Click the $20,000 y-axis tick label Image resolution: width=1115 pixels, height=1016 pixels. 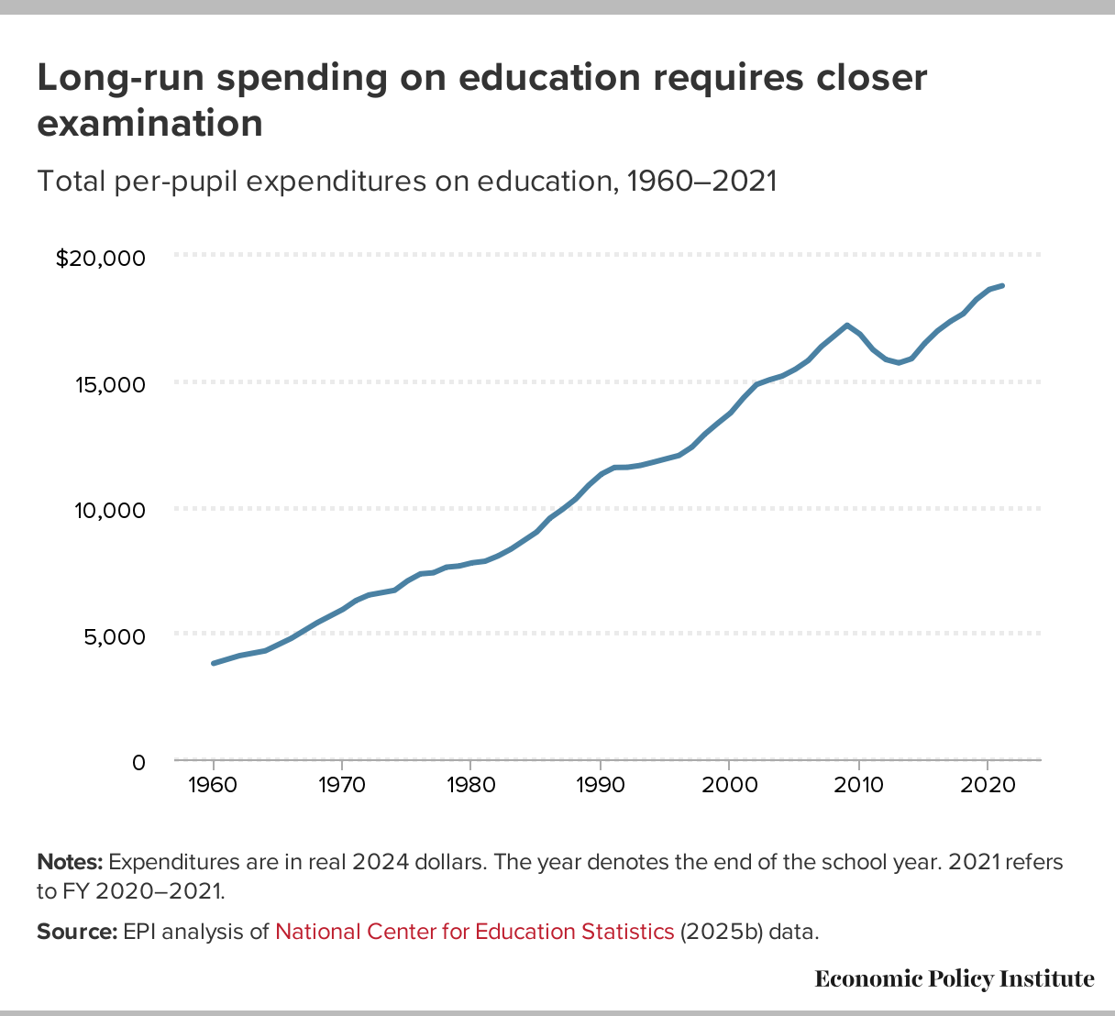pos(101,259)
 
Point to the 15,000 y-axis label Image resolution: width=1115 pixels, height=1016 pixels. pos(112,384)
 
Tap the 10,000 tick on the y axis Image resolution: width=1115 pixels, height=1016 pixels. pos(112,510)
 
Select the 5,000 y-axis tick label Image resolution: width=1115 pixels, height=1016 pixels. pos(115,636)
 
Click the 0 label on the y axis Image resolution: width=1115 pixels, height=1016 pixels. pos(138,762)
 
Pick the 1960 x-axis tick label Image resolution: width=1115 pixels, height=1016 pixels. pos(214,786)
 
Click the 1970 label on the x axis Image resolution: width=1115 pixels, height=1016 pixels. pos(342,786)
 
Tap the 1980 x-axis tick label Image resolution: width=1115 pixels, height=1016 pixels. pos(470,786)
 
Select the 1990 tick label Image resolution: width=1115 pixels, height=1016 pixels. pos(600,786)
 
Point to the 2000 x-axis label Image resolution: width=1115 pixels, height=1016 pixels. pos(728,786)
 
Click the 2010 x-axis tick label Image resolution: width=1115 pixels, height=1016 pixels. pos(858,786)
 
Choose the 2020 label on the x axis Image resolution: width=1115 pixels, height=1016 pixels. pos(987,786)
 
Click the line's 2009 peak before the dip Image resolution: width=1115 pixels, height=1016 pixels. pos(846,326)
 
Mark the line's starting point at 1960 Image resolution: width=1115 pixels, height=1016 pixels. pos(214,663)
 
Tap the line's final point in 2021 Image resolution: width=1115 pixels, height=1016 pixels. pos(1002,286)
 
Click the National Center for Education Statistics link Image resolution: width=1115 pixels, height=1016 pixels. pos(474,932)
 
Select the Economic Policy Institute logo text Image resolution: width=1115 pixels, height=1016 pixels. pos(954,979)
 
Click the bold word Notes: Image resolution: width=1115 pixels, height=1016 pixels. pos(70,863)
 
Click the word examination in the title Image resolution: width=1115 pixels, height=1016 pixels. pos(149,123)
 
